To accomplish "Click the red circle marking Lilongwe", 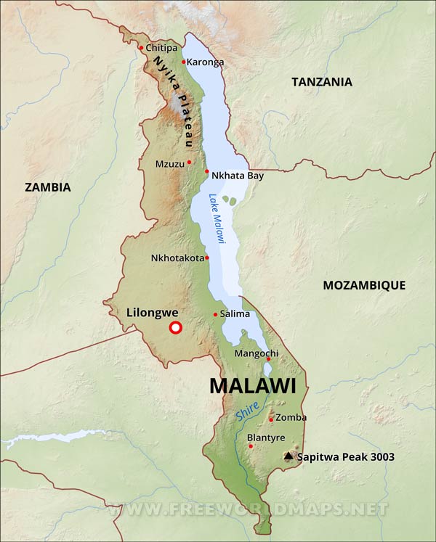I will click(175, 328).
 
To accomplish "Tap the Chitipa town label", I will click(161, 48).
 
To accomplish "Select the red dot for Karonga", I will click(183, 62).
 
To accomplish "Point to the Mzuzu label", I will click(170, 163).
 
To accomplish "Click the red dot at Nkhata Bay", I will click(207, 172).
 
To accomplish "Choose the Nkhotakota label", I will click(177, 258).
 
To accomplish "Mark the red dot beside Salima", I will click(215, 314).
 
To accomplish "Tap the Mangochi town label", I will click(246, 353).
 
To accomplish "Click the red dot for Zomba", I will click(271, 419).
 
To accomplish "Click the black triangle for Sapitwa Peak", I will click(288, 456).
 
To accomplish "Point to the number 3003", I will click(381, 457).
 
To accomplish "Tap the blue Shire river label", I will click(247, 411).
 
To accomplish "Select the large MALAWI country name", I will click(253, 386).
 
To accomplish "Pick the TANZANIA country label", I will click(321, 82).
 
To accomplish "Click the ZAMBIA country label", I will click(48, 187).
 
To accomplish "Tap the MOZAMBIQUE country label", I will click(363, 285).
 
